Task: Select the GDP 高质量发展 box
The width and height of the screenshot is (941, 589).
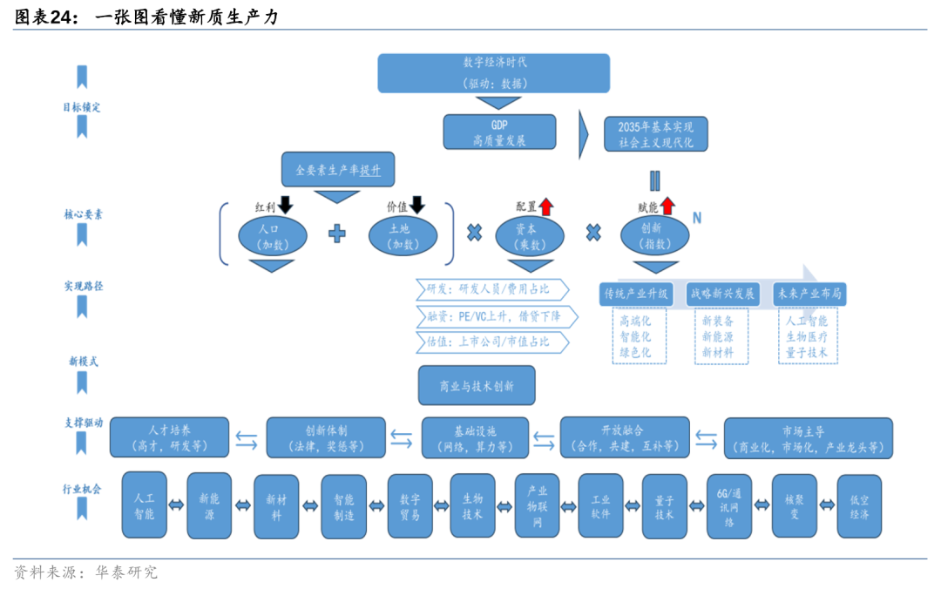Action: [x=499, y=132]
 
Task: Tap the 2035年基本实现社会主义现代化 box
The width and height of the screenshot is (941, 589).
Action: [x=656, y=134]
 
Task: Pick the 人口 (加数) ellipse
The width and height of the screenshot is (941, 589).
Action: [x=273, y=236]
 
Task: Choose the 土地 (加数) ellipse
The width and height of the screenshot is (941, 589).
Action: [x=402, y=236]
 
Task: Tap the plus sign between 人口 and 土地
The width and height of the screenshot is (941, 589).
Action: [x=337, y=234]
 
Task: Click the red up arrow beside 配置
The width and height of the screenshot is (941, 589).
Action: [x=546, y=206]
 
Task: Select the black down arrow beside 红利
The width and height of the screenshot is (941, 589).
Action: [x=286, y=206]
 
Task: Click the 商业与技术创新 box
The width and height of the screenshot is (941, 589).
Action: [x=477, y=385]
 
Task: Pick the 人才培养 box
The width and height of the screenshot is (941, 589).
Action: [x=170, y=437]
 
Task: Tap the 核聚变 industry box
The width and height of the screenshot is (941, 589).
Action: [x=794, y=506]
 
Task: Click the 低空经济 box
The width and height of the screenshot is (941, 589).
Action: [x=859, y=506]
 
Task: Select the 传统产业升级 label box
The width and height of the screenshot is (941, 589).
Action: [x=636, y=294]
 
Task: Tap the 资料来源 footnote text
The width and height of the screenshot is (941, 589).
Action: [x=85, y=572]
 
